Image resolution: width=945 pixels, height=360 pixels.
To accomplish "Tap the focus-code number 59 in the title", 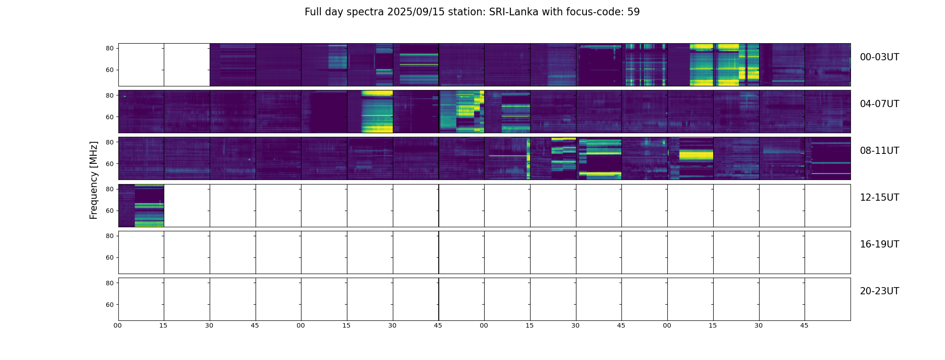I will click(x=633, y=12).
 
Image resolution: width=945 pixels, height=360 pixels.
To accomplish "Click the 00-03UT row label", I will click(x=879, y=57).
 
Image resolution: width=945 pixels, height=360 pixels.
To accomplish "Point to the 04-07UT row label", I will click(x=879, y=104).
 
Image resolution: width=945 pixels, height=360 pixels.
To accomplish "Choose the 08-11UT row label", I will click(x=879, y=151).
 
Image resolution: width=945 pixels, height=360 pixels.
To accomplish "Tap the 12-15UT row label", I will click(x=879, y=198).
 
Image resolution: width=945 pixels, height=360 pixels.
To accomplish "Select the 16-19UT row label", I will click(x=879, y=244).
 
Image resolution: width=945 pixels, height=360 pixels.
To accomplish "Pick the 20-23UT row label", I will click(x=879, y=291).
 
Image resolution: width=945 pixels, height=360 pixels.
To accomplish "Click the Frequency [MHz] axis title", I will click(x=94, y=180).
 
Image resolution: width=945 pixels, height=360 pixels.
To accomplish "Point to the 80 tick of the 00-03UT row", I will click(x=110, y=49).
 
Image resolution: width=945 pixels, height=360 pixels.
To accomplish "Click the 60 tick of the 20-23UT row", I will click(x=110, y=305).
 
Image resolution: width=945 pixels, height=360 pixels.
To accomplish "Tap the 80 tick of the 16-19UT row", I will click(x=110, y=236).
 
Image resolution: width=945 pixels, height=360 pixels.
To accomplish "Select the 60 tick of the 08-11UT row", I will click(x=110, y=164).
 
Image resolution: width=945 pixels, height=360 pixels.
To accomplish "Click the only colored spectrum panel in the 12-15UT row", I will click(x=141, y=205).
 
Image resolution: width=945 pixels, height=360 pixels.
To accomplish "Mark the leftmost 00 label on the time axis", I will click(x=118, y=325).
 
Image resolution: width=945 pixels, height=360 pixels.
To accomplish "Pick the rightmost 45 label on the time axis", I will click(x=804, y=325).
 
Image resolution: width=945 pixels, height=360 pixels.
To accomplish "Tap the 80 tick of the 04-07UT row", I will click(x=110, y=95).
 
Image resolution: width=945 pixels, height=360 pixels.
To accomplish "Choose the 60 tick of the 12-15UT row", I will click(x=110, y=211).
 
